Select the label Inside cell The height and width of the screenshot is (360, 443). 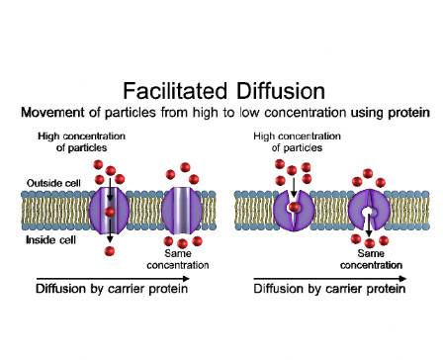coord(44,238)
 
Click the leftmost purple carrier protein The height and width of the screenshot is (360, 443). coord(110,210)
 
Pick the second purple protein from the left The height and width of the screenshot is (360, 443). coord(182,210)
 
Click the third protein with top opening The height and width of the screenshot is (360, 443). coord(294,210)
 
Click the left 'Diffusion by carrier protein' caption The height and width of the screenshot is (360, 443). coord(112,291)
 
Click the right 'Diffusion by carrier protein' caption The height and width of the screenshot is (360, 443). coord(328,291)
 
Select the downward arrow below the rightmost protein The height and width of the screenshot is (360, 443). coord(370,237)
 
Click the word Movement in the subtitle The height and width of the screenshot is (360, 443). coord(72,114)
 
